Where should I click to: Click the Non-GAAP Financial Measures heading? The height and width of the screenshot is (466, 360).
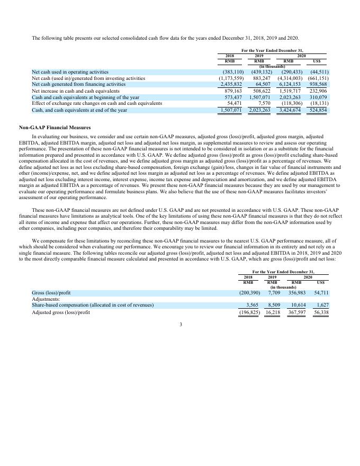(x=55, y=128)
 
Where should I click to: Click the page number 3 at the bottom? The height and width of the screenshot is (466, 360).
(x=180, y=324)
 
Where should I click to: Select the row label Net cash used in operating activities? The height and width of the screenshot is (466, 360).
(x=70, y=71)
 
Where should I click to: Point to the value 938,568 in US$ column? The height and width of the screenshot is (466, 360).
(x=319, y=84)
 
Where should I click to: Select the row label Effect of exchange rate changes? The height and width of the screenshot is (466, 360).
(x=97, y=103)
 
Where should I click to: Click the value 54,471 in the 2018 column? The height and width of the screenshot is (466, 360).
(x=233, y=103)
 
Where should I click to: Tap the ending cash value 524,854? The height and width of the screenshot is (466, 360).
(x=319, y=110)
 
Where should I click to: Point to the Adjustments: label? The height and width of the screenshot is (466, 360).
(x=46, y=299)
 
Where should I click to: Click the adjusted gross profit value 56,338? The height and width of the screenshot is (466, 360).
(x=321, y=312)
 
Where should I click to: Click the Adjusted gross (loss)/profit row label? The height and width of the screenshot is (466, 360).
(x=61, y=312)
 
